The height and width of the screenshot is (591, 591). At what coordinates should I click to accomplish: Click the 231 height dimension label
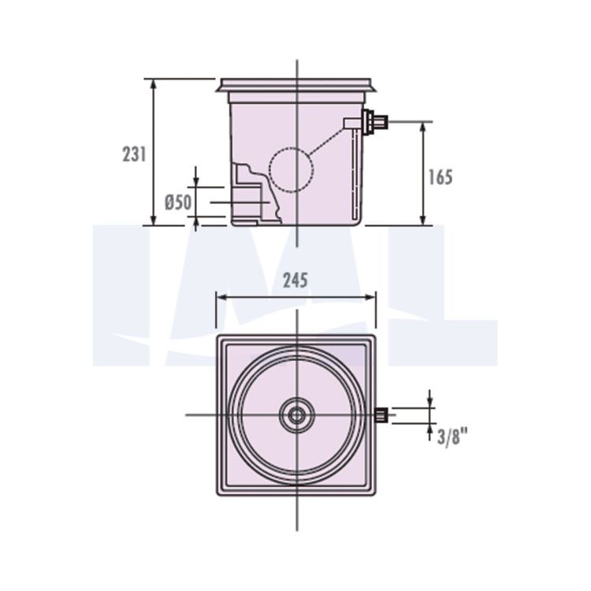134,154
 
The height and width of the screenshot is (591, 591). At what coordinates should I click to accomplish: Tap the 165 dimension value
440,177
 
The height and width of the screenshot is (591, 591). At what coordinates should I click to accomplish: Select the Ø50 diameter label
178,203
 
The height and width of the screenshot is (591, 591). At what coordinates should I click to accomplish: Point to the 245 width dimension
295,281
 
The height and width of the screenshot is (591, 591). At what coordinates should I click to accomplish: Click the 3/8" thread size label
452,437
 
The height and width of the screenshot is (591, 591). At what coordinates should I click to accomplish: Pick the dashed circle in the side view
291,170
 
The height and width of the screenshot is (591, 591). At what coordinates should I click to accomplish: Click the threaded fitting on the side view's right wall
374,122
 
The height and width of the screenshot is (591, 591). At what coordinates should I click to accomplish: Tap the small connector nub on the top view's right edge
381,414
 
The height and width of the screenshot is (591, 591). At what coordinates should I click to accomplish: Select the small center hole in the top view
296,415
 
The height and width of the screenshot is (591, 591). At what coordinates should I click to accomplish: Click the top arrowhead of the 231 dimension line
153,84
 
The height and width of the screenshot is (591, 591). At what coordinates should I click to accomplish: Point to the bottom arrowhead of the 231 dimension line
153,221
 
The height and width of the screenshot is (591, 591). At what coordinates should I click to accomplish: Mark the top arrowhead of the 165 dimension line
422,127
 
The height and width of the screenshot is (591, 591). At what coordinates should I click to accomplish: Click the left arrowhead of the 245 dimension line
221,297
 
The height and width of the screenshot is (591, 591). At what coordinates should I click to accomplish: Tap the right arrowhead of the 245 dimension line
371,297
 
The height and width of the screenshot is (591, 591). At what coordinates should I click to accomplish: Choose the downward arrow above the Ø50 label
195,177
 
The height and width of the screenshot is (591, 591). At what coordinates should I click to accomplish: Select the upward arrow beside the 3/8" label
429,432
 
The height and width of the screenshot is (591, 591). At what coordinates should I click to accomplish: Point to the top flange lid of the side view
296,85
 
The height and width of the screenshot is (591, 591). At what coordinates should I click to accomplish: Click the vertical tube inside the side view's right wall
354,174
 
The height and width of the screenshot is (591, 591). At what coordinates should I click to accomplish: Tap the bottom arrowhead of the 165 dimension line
422,221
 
